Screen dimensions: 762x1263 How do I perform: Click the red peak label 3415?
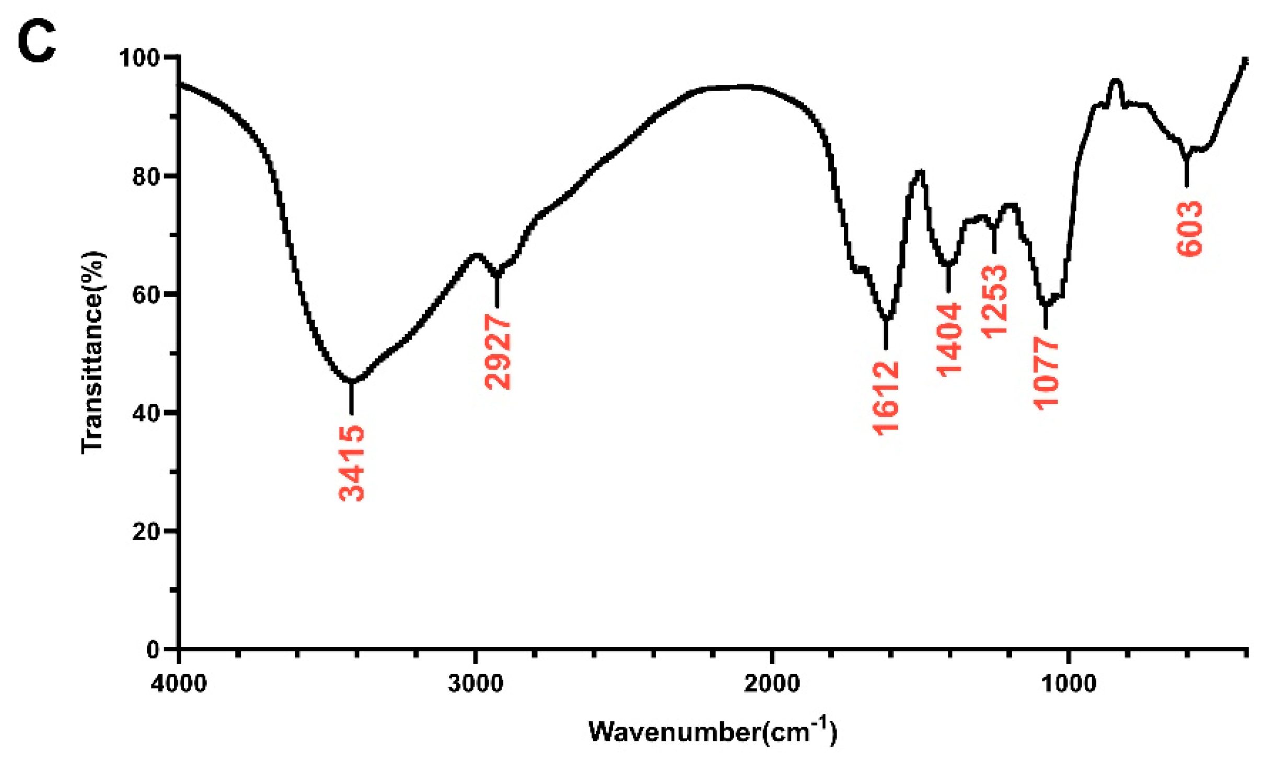coord(352,463)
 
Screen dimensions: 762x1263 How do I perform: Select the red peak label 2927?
coord(497,351)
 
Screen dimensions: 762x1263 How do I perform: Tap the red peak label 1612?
coord(886,398)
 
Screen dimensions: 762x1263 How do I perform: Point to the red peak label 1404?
coord(948,339)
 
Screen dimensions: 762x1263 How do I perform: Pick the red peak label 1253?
coord(994,302)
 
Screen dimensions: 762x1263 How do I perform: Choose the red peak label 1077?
coord(1046,373)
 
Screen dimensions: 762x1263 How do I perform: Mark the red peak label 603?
coord(1190,229)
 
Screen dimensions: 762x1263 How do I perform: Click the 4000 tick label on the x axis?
coord(179,684)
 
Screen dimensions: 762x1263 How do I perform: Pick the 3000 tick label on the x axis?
coord(476,684)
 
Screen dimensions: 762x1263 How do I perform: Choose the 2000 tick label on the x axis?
coord(772,684)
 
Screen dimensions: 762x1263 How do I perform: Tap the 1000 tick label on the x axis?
coord(1069,684)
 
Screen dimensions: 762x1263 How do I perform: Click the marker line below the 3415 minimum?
coord(352,399)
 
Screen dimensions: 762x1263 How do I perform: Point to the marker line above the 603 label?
coord(1187,172)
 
